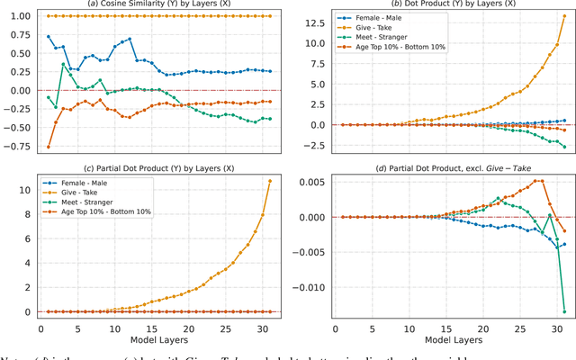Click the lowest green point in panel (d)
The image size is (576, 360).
[564, 312]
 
